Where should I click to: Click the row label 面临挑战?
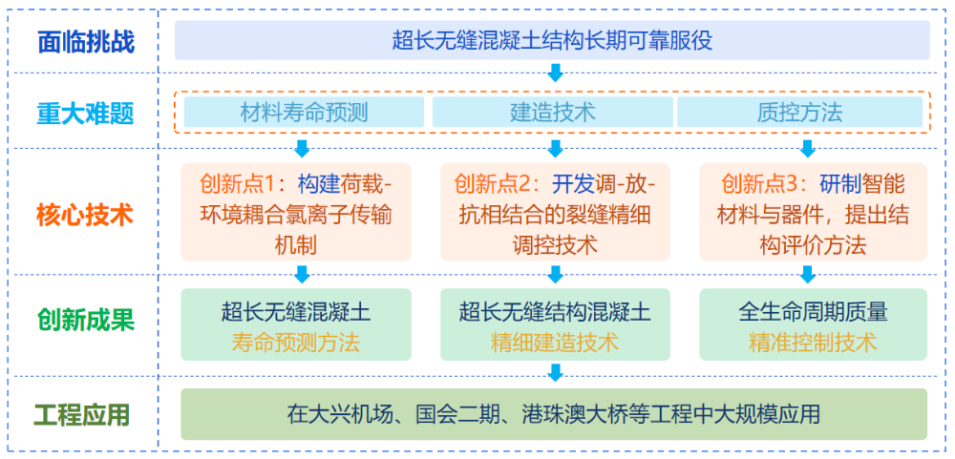(x=85, y=42)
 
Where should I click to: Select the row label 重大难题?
(x=85, y=114)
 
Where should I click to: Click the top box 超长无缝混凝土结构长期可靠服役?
(x=552, y=41)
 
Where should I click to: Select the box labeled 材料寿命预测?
(x=303, y=113)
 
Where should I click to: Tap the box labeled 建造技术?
(x=552, y=113)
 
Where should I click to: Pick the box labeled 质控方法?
(x=799, y=113)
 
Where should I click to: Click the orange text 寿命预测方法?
(x=296, y=342)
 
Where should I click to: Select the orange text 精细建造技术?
(x=555, y=342)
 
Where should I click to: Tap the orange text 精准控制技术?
(x=813, y=342)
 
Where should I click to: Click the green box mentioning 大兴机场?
(x=553, y=414)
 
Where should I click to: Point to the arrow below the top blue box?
(x=555, y=73)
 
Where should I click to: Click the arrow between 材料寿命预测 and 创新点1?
(x=302, y=148)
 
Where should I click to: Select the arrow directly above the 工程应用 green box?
(x=555, y=373)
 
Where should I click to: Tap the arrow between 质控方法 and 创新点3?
(x=807, y=148)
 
